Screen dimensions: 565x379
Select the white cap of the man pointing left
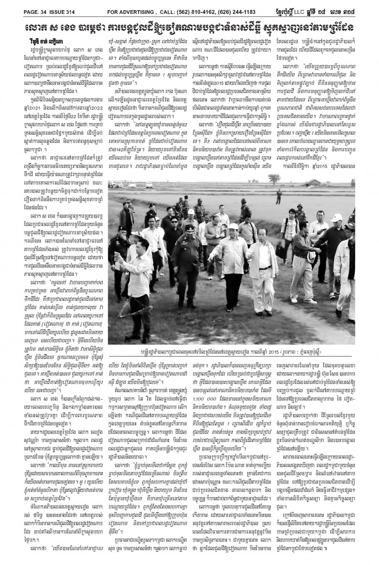coord(233,227)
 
